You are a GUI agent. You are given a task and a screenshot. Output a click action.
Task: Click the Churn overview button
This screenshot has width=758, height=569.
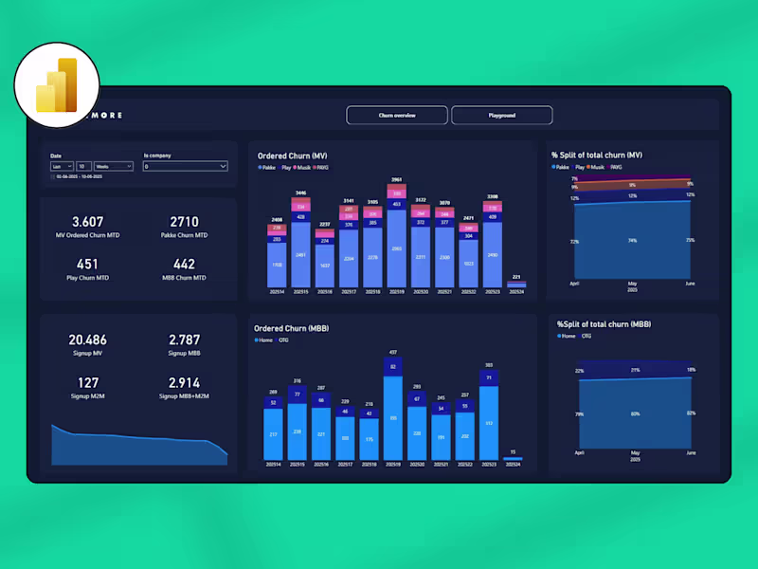(x=397, y=115)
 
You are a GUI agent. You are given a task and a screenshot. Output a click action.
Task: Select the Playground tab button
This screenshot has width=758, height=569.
(x=501, y=115)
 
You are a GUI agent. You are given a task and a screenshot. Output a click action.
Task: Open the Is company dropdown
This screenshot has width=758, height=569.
(x=185, y=166)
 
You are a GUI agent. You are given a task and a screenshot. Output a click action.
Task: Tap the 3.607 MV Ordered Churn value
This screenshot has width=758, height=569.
(x=88, y=221)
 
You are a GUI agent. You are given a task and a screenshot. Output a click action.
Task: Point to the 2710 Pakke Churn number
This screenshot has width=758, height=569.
(x=184, y=221)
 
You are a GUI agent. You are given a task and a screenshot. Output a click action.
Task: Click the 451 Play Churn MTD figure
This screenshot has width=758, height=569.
(x=87, y=265)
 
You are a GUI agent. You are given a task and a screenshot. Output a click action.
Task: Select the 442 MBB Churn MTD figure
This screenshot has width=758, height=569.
(x=184, y=265)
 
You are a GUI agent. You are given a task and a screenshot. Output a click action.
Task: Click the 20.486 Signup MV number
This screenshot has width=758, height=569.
(x=88, y=340)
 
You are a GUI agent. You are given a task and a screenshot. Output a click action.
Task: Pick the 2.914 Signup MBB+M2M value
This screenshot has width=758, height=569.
(x=184, y=382)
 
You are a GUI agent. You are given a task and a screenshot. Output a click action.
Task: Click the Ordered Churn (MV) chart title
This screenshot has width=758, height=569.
(x=293, y=156)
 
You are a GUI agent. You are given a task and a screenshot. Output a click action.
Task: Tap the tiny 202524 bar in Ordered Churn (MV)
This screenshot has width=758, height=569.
(x=516, y=284)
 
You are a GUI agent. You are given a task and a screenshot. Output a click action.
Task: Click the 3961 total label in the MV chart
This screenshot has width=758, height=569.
(x=397, y=178)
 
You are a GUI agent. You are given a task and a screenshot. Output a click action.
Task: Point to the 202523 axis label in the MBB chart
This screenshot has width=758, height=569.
(x=489, y=464)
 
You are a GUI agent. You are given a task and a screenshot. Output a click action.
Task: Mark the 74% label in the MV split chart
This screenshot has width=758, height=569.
(x=632, y=241)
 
